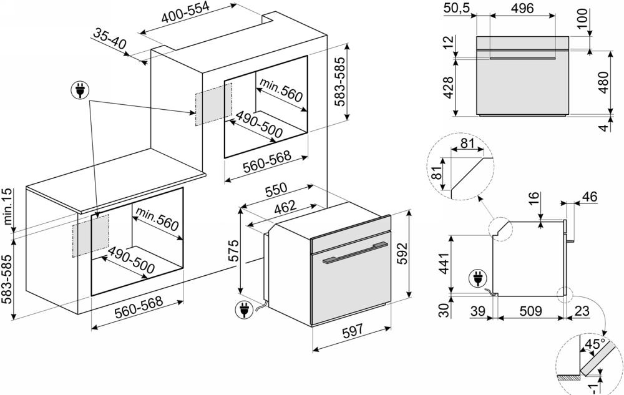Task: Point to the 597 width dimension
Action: pos(353,333)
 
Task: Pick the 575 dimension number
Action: pos(232,250)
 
